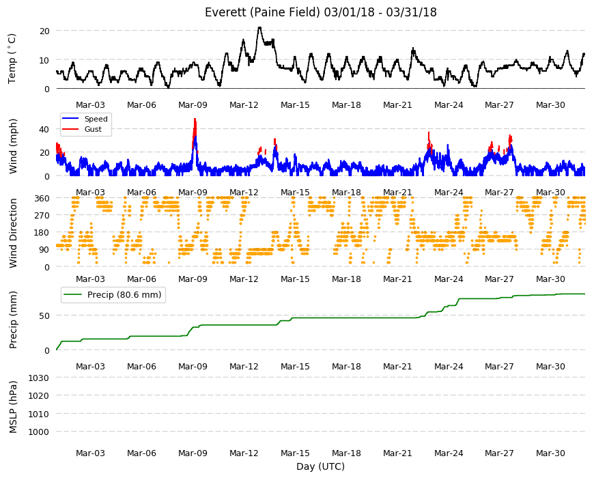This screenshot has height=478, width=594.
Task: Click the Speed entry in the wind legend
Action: click(96, 119)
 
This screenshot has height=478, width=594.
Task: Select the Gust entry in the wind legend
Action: click(93, 129)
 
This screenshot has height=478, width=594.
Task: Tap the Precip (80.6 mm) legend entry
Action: click(124, 295)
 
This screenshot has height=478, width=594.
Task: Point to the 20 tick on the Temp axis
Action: click(44, 31)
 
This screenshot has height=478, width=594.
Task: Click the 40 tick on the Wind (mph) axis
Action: click(44, 129)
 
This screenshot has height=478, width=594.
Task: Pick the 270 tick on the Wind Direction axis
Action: click(42, 216)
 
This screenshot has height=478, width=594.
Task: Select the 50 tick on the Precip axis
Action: click(44, 315)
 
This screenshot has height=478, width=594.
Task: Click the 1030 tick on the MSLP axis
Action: click(39, 378)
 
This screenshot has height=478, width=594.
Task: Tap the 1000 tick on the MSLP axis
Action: click(39, 432)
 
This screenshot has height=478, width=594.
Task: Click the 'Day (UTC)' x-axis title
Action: click(320, 466)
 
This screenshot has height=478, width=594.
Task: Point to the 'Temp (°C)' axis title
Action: click(12, 58)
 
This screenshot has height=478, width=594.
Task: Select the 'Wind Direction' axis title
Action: click(13, 233)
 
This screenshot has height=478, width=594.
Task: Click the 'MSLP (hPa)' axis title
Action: click(13, 407)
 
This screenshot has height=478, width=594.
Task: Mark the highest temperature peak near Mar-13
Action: click(259, 27)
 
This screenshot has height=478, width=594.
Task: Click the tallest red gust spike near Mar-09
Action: click(195, 119)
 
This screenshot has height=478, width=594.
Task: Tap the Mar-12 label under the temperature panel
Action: click(244, 105)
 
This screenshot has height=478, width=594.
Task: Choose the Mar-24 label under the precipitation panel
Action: click(449, 366)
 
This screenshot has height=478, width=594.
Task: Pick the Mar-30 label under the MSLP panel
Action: click(550, 453)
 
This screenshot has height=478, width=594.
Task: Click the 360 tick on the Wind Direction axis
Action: click(42, 198)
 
